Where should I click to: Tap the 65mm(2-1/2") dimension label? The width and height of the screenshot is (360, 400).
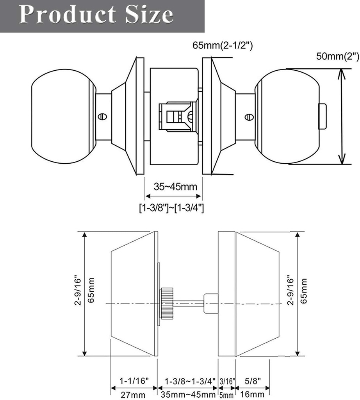point(223,46)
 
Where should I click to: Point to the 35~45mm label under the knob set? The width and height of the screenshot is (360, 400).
point(175,186)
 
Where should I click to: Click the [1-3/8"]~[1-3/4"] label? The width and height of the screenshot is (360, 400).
point(172,208)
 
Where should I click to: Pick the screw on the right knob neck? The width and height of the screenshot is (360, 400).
point(248,116)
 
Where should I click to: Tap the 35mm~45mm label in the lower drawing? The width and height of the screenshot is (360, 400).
point(187,395)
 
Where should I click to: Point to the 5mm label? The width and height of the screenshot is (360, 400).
point(227,395)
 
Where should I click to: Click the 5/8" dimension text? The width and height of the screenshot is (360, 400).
point(252,380)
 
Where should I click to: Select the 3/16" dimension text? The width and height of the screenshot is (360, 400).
point(227,380)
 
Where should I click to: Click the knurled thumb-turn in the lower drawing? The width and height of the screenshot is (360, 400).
point(167,304)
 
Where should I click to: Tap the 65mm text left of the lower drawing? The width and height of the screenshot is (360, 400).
point(91,290)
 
